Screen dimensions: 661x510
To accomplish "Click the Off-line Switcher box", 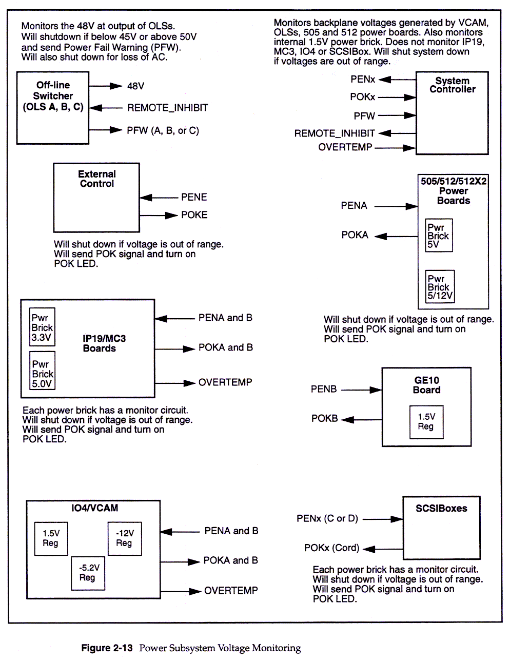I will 53,108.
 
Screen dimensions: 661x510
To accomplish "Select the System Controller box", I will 452,113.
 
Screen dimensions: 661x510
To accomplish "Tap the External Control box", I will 96,198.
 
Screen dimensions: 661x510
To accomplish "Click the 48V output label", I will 136,86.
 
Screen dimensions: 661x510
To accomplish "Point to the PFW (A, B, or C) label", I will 163,131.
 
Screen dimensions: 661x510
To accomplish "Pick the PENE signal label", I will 194,197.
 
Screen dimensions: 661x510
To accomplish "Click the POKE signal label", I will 194,215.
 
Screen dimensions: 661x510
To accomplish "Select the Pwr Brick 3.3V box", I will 42,327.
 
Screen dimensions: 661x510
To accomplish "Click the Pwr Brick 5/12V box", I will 440,286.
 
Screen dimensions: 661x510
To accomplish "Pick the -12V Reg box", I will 124,538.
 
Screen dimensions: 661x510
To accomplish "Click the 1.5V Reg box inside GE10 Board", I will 426,422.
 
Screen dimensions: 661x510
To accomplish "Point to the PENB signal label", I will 324,389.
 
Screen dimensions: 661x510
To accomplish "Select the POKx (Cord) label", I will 331,548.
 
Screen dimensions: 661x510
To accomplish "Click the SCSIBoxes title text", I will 441,509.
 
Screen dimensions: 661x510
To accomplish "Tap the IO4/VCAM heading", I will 95,508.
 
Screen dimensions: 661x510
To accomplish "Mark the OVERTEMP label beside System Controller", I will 345,147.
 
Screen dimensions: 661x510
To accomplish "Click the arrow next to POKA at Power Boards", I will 396,236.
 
